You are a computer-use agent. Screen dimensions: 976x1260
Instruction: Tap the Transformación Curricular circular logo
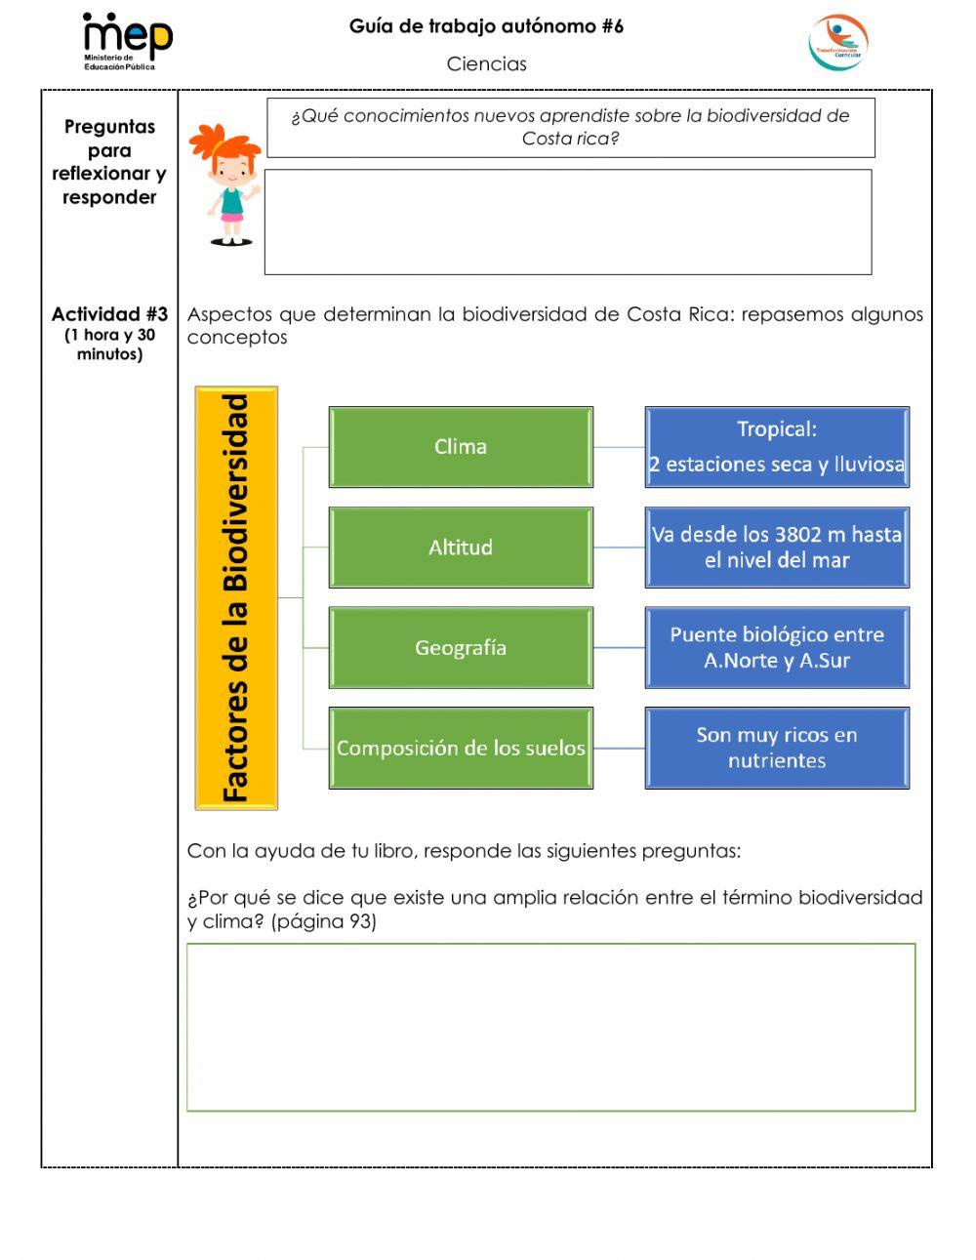tap(837, 43)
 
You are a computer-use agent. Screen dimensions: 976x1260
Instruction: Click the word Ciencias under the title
tap(486, 64)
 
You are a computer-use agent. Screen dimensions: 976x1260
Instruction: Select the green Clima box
tap(461, 447)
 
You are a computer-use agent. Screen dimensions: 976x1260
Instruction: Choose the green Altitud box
tap(461, 548)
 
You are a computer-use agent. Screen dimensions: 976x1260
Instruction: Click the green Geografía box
tap(461, 648)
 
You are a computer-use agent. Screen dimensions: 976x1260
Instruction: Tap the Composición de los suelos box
tap(461, 749)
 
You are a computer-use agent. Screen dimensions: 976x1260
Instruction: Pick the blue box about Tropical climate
tap(777, 447)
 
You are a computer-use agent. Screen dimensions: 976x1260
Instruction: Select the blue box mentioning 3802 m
tap(777, 548)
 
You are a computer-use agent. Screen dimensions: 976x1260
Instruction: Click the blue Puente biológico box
tap(777, 648)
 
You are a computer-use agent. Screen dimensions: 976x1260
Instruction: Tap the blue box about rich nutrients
tap(777, 749)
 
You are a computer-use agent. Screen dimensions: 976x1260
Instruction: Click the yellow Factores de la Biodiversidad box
tap(236, 598)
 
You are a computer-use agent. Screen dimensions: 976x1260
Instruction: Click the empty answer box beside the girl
tap(567, 223)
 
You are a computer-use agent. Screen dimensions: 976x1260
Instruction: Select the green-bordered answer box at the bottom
tap(550, 1027)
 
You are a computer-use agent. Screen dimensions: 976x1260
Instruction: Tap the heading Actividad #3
tap(109, 314)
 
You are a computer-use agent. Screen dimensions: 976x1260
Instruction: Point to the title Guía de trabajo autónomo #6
tap(486, 26)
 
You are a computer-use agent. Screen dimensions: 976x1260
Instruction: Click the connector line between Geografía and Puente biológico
tap(619, 648)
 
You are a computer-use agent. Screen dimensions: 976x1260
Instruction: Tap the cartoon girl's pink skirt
tap(231, 219)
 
